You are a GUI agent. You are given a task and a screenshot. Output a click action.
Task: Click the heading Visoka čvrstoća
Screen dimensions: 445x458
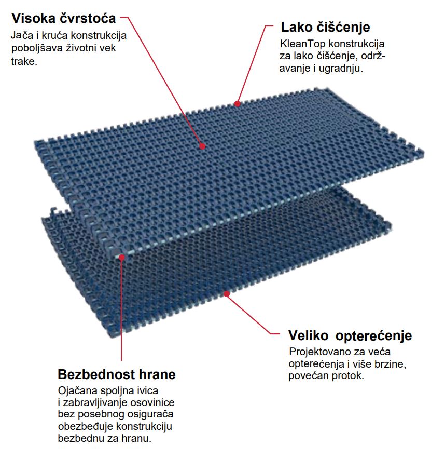tap(64, 18)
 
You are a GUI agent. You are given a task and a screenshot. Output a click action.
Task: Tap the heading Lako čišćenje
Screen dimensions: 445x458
tap(325, 27)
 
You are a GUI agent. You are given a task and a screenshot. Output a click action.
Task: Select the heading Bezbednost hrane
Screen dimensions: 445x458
tap(117, 374)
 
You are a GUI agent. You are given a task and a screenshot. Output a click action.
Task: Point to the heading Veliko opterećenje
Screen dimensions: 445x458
tap(350, 335)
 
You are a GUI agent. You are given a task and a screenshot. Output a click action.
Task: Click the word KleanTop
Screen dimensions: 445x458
tap(302, 44)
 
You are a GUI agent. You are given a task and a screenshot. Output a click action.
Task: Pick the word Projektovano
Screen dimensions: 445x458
tap(319, 352)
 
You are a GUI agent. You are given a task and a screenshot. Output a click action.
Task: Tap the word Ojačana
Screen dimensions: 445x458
tap(77, 391)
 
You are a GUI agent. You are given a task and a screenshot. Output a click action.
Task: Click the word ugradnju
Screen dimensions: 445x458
tap(341, 69)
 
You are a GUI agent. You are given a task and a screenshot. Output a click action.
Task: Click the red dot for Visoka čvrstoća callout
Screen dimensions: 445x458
tap(202, 146)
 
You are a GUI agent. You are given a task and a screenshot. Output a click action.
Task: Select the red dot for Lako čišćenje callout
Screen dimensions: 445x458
tap(237, 103)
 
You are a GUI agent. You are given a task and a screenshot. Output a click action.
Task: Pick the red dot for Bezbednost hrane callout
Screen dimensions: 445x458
tap(122, 258)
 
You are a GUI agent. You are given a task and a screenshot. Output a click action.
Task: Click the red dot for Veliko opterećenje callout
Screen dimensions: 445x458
tap(227, 293)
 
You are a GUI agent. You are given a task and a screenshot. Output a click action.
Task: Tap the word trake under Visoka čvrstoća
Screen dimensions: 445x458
tap(24, 61)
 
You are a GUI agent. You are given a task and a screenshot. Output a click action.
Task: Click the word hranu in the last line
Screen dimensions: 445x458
tap(136, 438)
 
